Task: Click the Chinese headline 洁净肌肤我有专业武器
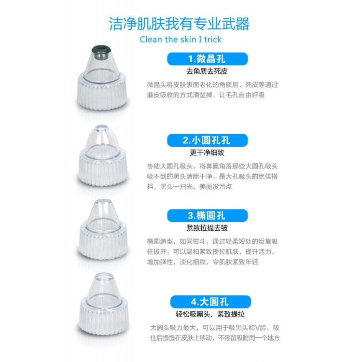tap(179, 24)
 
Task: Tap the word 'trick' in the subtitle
tap(213, 39)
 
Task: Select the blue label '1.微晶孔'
tap(207, 59)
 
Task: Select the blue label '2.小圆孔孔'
tap(207, 140)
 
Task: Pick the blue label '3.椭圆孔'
tap(207, 216)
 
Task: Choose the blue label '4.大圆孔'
tap(210, 302)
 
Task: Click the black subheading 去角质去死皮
tap(207, 71)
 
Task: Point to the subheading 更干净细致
tap(207, 153)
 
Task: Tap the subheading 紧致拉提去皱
tap(207, 228)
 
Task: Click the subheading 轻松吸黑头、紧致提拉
tap(210, 314)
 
